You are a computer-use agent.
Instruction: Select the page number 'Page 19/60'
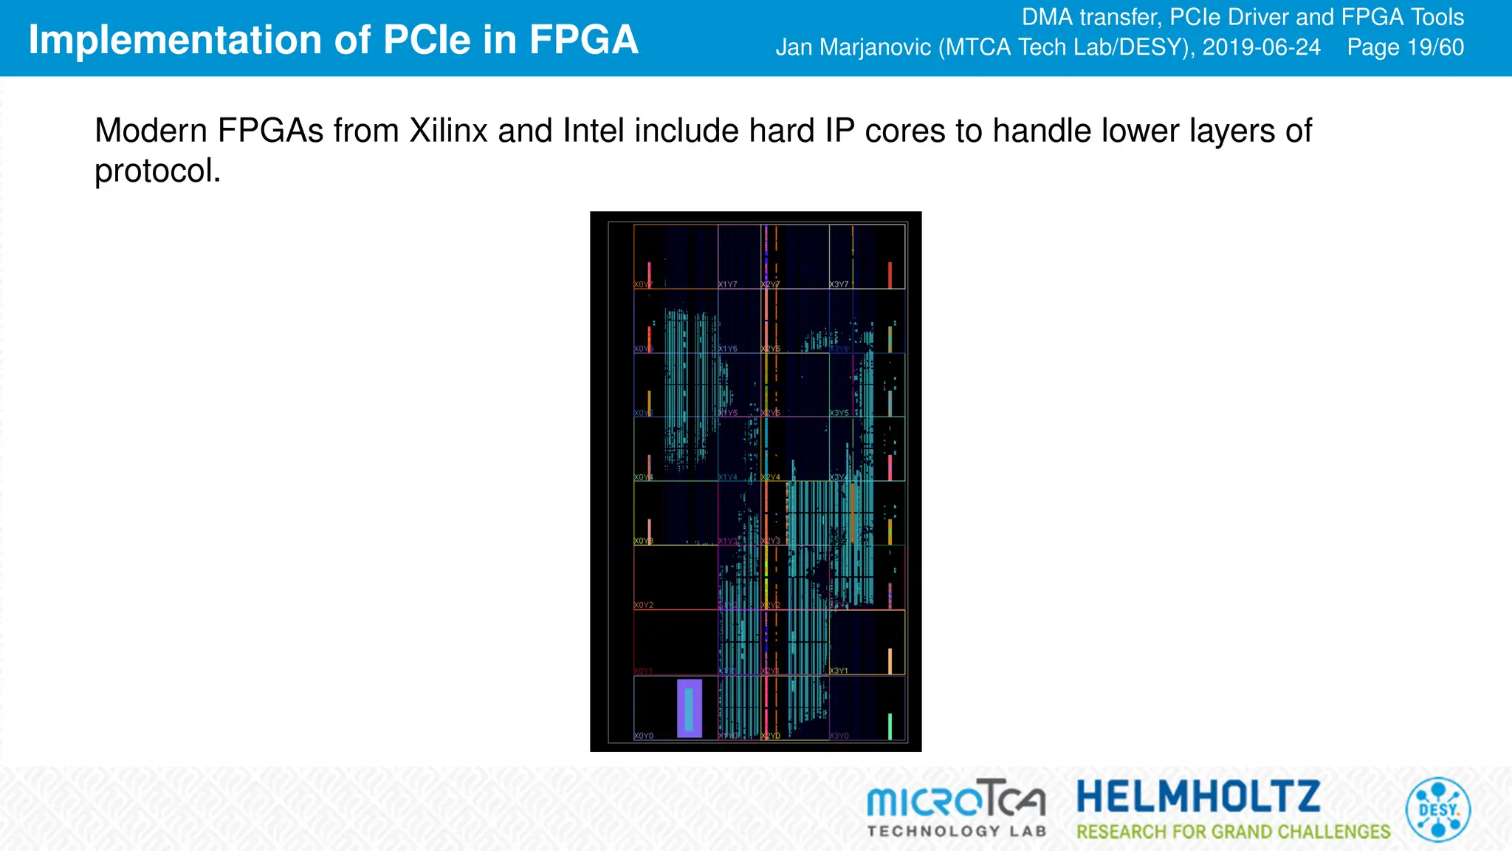click(x=1405, y=47)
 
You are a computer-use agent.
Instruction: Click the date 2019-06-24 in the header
click(x=1261, y=47)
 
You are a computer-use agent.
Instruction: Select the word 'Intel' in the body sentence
click(x=588, y=131)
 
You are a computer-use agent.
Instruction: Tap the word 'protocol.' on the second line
click(x=157, y=171)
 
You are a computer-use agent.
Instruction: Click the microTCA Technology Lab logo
click(x=957, y=808)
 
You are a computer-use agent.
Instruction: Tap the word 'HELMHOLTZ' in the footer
click(x=1198, y=796)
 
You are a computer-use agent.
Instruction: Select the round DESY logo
click(x=1437, y=810)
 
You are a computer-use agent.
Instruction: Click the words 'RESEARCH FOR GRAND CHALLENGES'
click(x=1233, y=832)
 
